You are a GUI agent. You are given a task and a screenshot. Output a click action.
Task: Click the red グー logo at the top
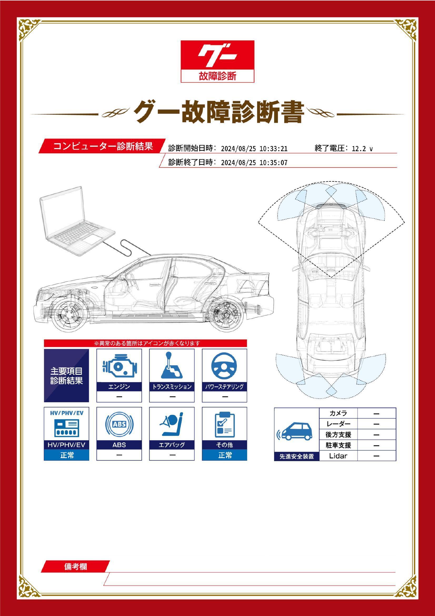217,61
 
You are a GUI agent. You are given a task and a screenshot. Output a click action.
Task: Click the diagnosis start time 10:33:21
274,149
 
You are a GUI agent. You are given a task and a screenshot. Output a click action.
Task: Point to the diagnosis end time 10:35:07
274,163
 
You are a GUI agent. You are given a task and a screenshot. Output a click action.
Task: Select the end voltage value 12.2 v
362,149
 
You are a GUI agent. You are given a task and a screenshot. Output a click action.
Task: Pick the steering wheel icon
224,366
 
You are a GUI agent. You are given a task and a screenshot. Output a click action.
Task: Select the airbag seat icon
172,425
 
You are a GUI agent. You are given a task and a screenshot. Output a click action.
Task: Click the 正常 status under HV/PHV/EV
67,455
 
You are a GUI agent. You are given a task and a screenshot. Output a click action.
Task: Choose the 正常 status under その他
224,455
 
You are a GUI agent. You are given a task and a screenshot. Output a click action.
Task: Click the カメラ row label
338,413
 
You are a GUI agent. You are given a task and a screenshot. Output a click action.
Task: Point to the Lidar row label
338,456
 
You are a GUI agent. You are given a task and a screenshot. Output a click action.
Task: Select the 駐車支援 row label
338,445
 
